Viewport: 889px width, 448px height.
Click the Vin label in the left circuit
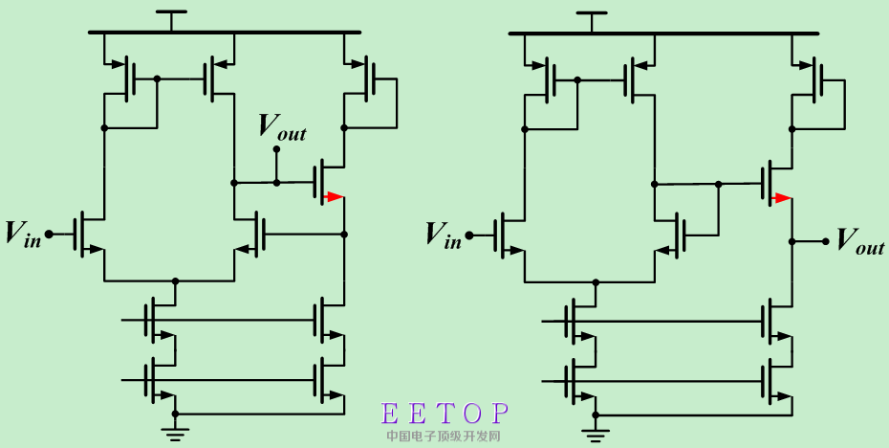(24, 234)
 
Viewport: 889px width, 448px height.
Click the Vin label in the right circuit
(444, 234)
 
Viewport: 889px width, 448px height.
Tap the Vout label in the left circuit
(283, 126)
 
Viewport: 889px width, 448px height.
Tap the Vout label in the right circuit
(860, 239)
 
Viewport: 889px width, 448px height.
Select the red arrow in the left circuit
(333, 197)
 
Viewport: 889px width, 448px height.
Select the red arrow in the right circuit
(782, 198)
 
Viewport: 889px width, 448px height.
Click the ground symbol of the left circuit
(175, 432)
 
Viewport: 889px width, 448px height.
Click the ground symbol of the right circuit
(596, 434)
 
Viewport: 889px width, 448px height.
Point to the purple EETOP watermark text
(445, 414)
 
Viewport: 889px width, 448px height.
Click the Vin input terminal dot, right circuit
(467, 233)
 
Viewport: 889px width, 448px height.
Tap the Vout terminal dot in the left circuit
(276, 149)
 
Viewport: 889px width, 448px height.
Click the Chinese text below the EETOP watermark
(444, 436)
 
